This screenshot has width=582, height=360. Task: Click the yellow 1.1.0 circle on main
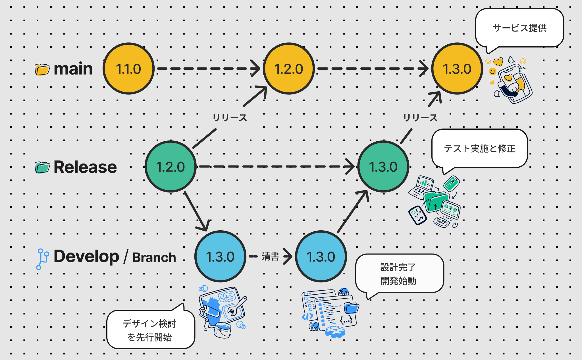128,69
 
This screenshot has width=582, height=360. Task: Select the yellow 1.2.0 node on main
289,69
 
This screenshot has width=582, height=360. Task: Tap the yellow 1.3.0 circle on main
457,69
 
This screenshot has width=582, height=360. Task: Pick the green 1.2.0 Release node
171,167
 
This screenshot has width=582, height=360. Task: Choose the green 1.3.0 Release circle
383,167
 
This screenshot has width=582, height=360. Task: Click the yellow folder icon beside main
42,69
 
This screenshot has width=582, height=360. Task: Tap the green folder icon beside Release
42,167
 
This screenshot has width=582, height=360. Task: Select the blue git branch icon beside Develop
42,259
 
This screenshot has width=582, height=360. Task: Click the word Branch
154,257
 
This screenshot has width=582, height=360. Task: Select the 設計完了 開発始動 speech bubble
400,274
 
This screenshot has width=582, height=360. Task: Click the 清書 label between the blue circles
271,256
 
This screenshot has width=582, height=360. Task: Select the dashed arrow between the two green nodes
277,166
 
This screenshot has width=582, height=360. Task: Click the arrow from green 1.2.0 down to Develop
197,212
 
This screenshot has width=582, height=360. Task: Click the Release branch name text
85,167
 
